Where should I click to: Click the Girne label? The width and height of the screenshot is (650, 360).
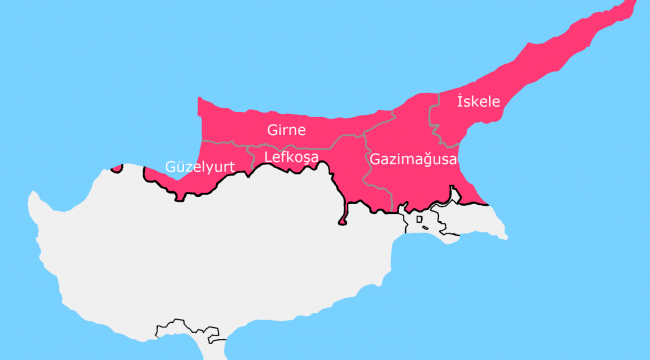tap(286, 130)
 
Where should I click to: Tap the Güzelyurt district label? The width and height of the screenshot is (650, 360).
tap(202, 167)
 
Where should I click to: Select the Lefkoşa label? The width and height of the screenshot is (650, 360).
tap(291, 157)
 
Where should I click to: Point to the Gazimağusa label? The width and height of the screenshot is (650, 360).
tap(412, 159)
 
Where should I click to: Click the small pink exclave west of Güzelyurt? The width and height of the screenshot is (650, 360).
tap(118, 167)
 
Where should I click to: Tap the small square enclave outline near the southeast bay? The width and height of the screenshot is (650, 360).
tap(420, 219)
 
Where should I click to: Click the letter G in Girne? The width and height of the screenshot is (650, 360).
tap(272, 130)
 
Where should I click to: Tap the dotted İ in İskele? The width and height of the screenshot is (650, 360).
tap(459, 101)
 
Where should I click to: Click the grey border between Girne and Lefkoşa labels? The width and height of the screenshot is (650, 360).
tap(290, 145)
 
